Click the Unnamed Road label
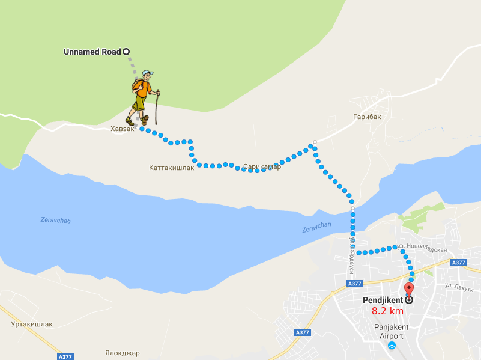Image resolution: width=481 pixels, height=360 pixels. pyautogui.click(x=92, y=52)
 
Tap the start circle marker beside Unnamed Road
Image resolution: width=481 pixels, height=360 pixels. pyautogui.click(x=126, y=52)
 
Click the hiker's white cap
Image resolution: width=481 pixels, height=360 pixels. pyautogui.click(x=148, y=73)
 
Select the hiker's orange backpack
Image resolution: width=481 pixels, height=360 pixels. pyautogui.click(x=138, y=88)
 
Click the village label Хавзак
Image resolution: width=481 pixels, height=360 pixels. pyautogui.click(x=123, y=129)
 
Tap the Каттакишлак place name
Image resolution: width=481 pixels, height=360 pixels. pyautogui.click(x=172, y=168)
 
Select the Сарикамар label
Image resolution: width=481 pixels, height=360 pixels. pyautogui.click(x=262, y=166)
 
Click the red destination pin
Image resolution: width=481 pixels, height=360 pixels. pyautogui.click(x=409, y=282)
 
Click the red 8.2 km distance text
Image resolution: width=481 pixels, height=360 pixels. pyautogui.click(x=387, y=311)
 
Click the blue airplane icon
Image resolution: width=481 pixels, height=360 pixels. pyautogui.click(x=392, y=346)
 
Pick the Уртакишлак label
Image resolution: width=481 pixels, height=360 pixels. pyautogui.click(x=32, y=324)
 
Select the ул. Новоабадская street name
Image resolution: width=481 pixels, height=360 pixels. pyautogui.click(x=423, y=249)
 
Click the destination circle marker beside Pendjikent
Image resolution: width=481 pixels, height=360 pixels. pyautogui.click(x=409, y=299)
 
